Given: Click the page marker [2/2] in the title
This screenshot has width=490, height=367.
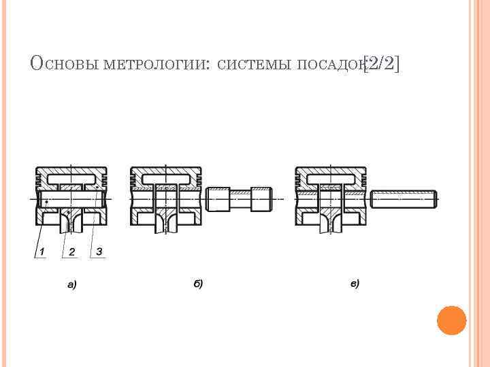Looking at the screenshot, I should (382, 64).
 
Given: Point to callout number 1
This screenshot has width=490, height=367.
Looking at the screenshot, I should (42, 253).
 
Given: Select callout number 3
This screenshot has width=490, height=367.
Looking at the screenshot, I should (99, 251).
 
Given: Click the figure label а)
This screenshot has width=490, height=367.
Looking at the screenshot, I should (71, 285).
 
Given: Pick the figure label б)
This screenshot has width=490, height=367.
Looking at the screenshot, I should (198, 283).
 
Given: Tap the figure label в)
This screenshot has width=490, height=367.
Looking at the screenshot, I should (355, 283).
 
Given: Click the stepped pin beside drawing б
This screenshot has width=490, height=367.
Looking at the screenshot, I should (240, 199).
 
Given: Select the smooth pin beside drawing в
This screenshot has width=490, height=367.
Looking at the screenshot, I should (404, 198).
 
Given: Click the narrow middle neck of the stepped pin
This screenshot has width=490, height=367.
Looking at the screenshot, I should (240, 199).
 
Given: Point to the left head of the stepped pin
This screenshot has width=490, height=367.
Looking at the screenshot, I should (218, 199).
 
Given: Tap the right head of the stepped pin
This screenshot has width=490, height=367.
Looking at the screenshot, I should (261, 199).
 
